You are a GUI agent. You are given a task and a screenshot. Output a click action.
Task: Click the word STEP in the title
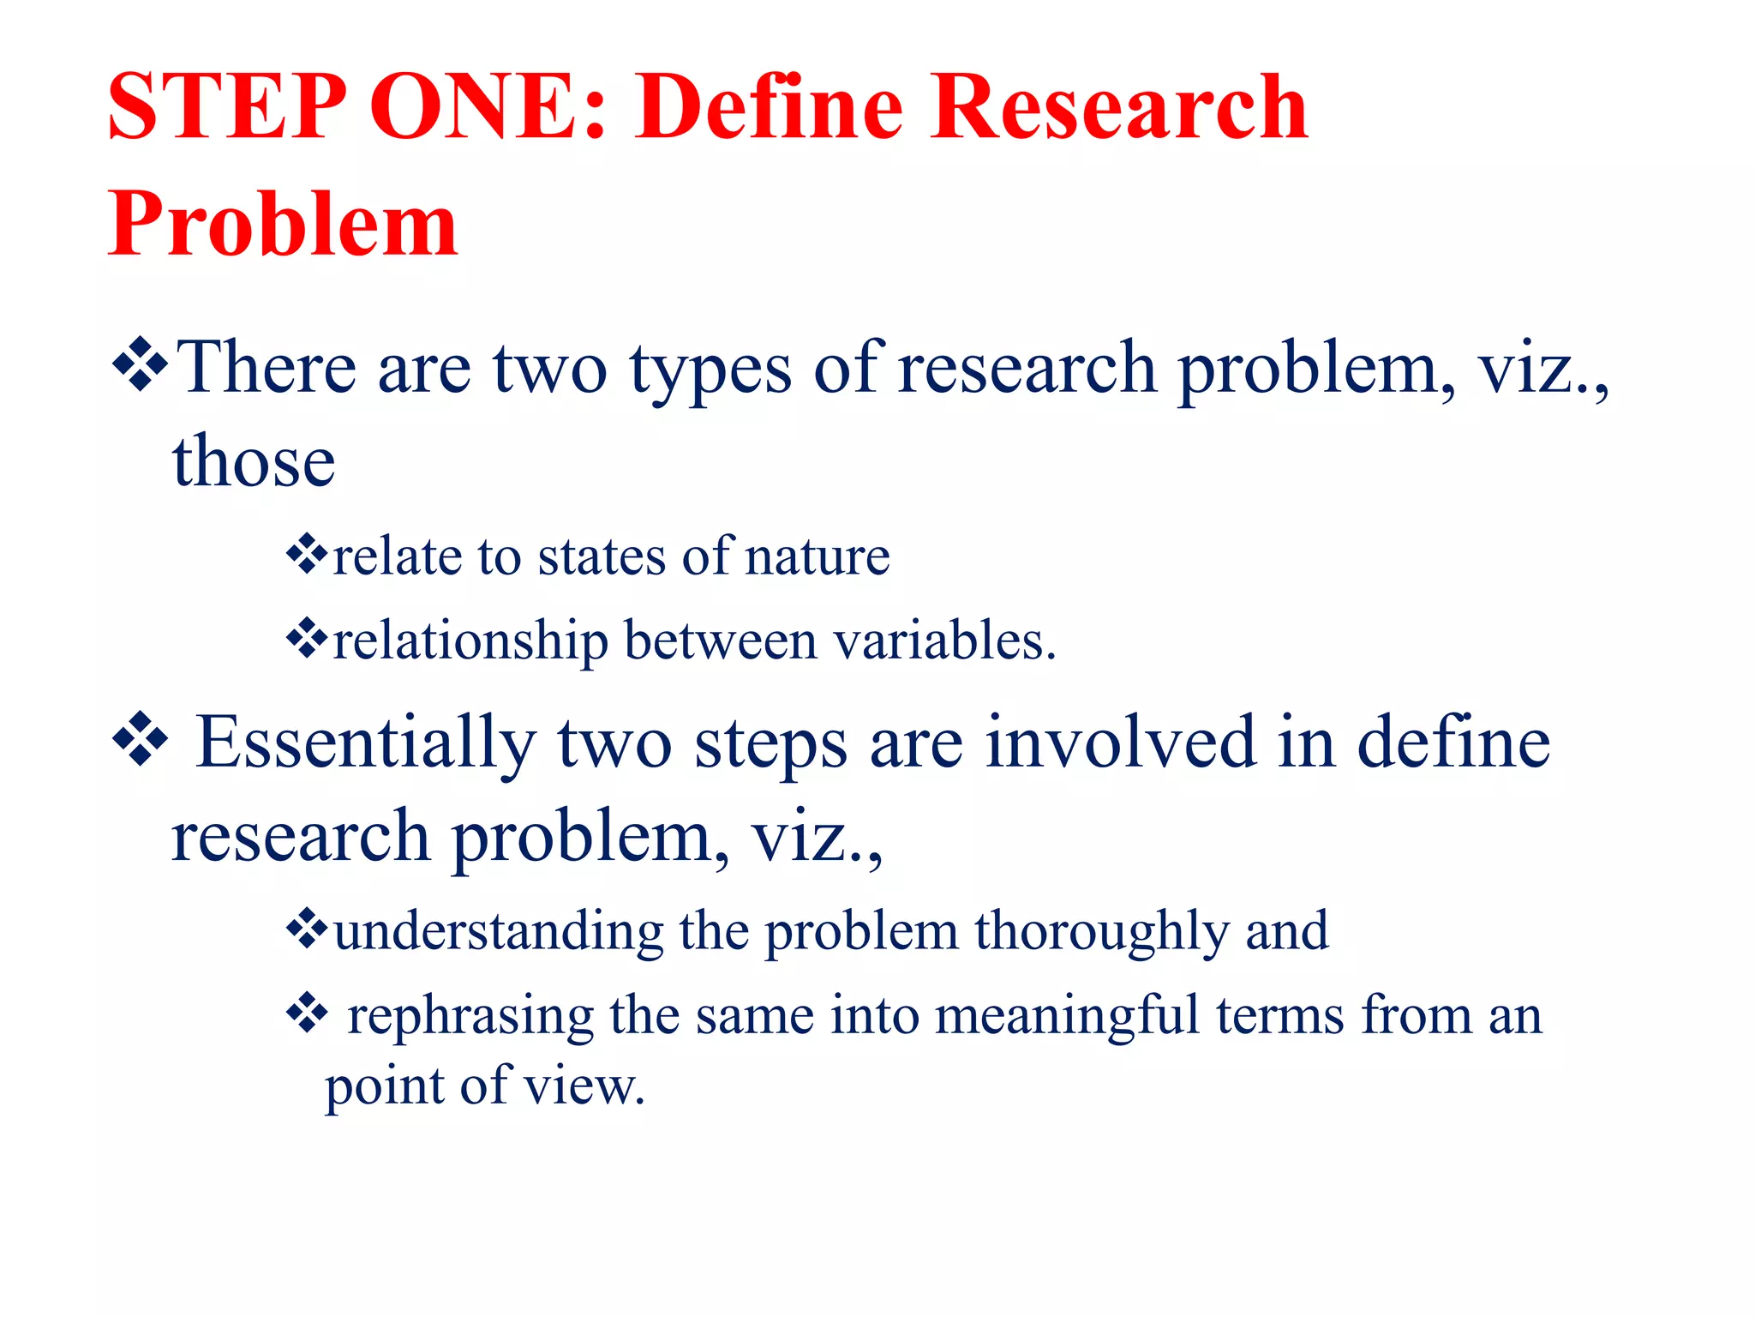[x=227, y=106]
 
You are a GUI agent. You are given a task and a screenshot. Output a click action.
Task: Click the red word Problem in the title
[x=283, y=225]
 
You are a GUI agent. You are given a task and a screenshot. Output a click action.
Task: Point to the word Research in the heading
[x=1119, y=106]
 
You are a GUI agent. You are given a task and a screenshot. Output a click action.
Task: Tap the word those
[x=254, y=462]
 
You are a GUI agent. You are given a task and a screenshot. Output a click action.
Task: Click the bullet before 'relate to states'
[x=307, y=555]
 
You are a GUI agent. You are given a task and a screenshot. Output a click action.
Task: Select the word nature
[x=818, y=557]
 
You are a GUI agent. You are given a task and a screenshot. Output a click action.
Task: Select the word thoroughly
[x=1101, y=932]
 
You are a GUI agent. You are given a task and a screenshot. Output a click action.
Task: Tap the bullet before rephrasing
[x=307, y=1013]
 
